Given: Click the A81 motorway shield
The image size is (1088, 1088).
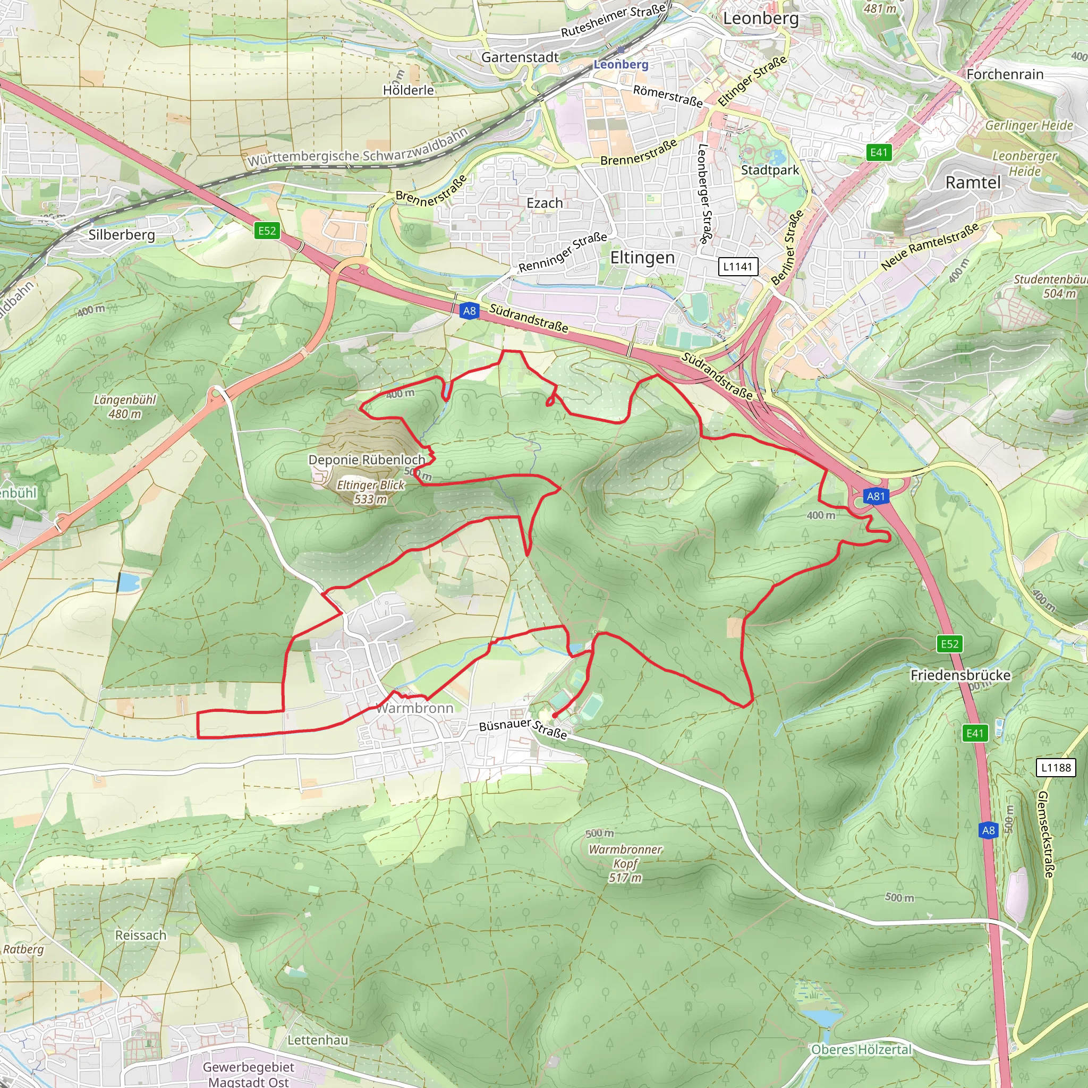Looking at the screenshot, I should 875,496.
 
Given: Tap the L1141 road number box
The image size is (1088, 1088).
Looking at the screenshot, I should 738,266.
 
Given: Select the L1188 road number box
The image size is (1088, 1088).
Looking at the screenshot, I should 1056,768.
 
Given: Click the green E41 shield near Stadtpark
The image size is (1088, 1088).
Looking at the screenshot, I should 879,152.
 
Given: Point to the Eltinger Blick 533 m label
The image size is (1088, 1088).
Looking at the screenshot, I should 371,491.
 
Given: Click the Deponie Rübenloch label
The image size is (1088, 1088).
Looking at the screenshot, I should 367,460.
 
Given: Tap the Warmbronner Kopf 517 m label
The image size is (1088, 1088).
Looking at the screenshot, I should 625,863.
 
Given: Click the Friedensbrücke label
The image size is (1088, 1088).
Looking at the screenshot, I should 960,675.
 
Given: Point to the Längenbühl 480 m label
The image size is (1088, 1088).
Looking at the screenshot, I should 124,406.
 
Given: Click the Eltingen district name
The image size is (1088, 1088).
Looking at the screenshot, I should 643,257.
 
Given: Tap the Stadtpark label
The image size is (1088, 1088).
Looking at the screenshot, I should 770,170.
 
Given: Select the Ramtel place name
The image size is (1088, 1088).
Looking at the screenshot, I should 973,182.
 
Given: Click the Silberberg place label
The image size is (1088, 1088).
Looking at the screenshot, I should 122,234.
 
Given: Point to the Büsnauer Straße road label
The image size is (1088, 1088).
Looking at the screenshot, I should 523,728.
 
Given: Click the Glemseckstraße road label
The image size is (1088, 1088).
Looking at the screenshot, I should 1045,834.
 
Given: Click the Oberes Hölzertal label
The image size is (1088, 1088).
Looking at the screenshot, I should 861,1050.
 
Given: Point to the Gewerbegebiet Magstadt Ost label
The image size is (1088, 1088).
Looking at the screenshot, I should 248,1074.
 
